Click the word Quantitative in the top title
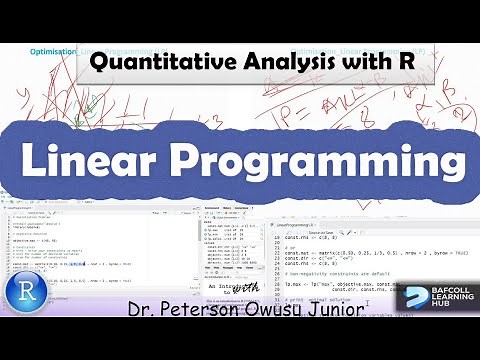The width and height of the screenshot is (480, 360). [x=158, y=62]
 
